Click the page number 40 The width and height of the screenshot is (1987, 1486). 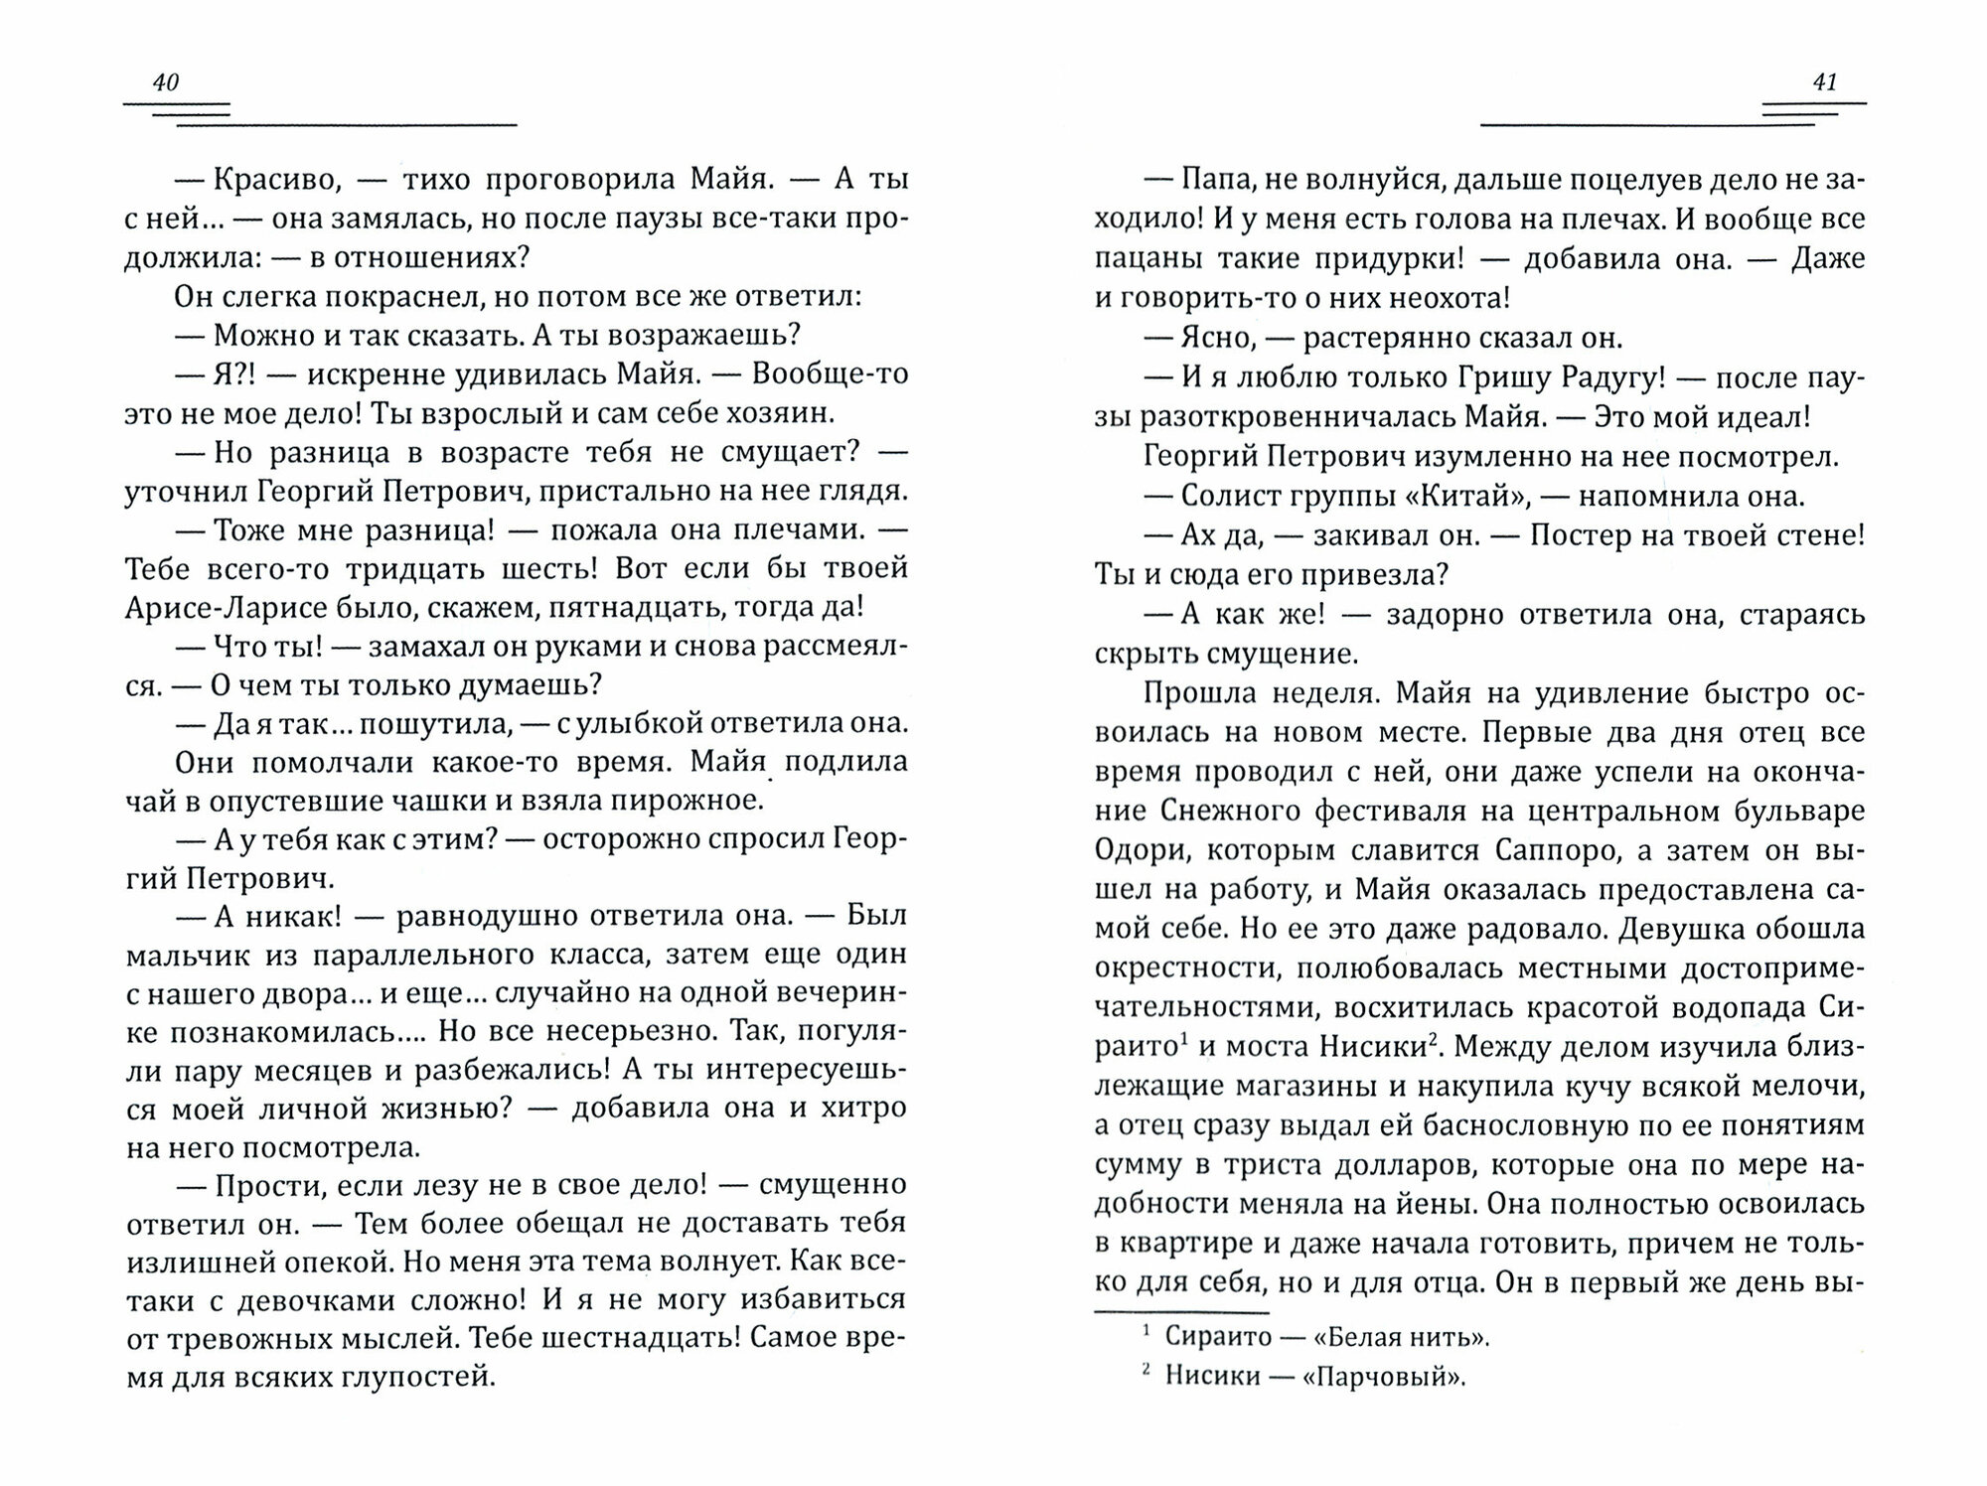pyautogui.click(x=165, y=82)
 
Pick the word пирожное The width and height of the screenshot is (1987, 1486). pyautogui.click(x=699, y=801)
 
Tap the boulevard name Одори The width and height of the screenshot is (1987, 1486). pyautogui.click(x=1135, y=851)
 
